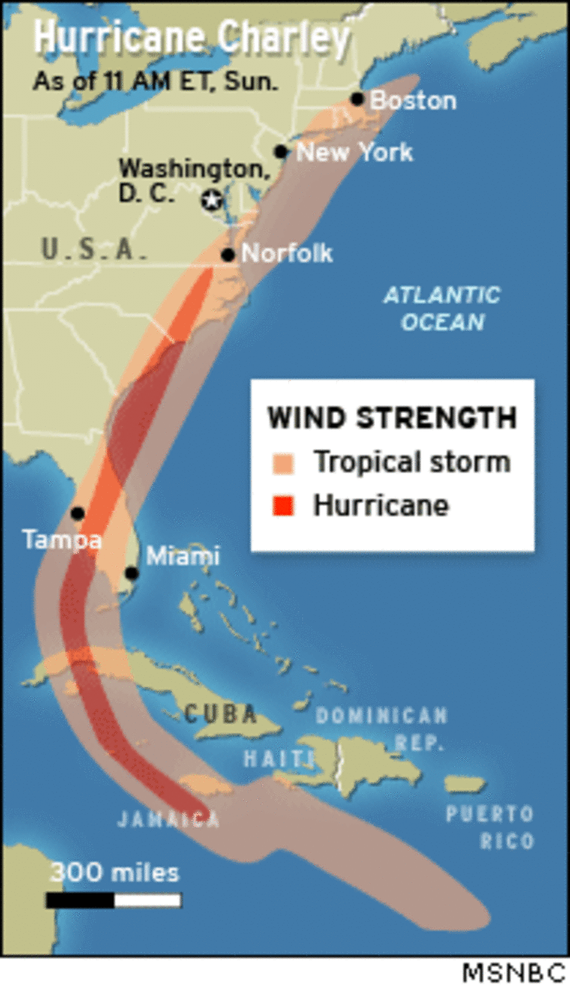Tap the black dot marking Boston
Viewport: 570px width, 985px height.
click(357, 99)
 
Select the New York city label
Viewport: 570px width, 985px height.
click(354, 152)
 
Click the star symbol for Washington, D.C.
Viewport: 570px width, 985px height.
click(212, 200)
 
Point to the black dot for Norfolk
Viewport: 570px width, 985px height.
click(228, 255)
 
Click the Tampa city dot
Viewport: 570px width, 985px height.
click(77, 513)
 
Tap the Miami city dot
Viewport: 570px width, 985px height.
click(132, 573)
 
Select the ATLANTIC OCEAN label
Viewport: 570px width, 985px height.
click(442, 308)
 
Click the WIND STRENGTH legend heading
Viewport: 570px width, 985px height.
click(392, 418)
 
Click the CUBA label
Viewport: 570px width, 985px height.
click(220, 713)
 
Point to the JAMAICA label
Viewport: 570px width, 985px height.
click(169, 819)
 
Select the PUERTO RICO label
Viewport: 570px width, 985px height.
click(490, 827)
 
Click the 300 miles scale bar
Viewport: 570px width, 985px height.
click(113, 899)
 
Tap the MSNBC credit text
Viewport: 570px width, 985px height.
click(513, 973)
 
